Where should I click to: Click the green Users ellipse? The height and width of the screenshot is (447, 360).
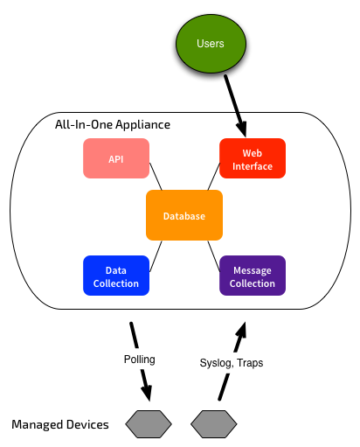pos(211,44)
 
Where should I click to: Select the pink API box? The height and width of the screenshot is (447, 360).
pos(116,158)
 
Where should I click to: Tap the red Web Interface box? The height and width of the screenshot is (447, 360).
pos(253,158)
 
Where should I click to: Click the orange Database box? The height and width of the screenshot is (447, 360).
pos(184,215)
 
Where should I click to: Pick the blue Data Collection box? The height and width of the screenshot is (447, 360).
pos(116,276)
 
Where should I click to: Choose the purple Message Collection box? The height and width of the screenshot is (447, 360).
pos(253,276)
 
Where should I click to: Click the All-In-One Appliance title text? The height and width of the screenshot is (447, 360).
pos(113,125)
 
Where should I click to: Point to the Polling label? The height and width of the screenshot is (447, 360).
pos(140,360)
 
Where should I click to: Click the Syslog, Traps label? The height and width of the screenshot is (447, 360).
pos(232,363)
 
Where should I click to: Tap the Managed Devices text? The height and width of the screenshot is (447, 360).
pos(60,424)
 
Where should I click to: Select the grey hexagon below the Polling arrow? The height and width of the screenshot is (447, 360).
pos(149,424)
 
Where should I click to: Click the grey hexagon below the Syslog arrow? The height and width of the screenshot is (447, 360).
pos(214,424)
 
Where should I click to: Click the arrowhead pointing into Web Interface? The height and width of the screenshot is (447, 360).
pos(242,129)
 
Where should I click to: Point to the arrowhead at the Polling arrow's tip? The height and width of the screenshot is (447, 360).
pos(147,393)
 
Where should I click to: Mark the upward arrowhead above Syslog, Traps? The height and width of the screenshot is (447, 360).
pos(242,331)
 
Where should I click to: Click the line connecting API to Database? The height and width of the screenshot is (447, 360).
pos(156,177)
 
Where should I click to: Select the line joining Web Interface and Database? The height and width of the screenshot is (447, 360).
pos(213,177)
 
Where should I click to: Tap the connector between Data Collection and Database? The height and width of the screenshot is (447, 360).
pos(156,256)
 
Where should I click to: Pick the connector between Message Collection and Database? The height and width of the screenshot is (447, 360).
pos(213,256)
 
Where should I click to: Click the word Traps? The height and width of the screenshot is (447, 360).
pos(250,363)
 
